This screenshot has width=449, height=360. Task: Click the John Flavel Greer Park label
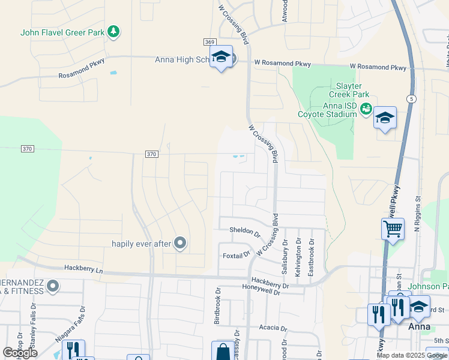[62, 32]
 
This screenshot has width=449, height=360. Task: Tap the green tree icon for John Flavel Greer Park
[113, 32]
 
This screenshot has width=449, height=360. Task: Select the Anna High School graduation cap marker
[221, 58]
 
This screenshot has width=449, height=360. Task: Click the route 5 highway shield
[411, 98]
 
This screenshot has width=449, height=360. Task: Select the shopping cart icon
[393, 228]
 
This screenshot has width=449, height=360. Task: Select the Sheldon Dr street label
[244, 230]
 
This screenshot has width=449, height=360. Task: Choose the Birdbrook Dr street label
[218, 305]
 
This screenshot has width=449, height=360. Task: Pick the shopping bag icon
[223, 351]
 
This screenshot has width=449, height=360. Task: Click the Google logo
[20, 353]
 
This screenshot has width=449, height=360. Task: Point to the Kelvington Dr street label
[298, 257]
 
